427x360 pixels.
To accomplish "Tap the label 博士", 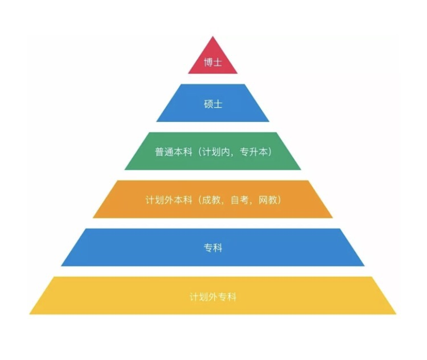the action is point(213,62).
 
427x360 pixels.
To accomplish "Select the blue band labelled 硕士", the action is point(213,103).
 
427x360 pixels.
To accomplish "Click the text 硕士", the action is point(213,104).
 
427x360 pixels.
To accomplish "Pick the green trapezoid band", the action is point(213,151).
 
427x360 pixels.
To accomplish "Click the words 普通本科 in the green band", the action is point(174,152).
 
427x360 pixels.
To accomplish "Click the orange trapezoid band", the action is point(213,199).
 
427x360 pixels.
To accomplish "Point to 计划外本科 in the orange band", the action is point(169,200).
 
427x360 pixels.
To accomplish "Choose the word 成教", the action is point(211,200).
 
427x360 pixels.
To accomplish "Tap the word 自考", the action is point(240,200).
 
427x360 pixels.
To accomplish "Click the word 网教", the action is point(268,200).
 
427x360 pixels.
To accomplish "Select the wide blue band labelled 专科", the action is point(213,247).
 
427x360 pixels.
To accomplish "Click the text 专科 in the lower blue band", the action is point(213,248).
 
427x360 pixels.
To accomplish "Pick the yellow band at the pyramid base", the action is point(213,296).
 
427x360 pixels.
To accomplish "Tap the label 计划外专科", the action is point(213,297).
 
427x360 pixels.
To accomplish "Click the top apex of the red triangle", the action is point(213,36).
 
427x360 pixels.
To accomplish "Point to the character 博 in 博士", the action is point(208,62).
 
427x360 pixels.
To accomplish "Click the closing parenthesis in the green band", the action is point(270,152).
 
